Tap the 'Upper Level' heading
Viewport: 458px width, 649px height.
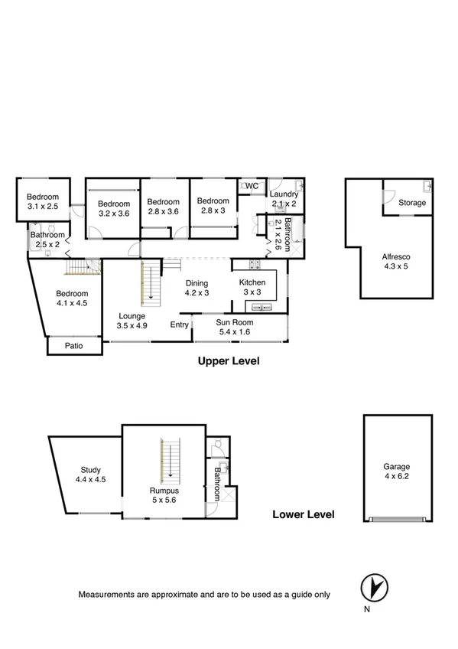click(x=229, y=360)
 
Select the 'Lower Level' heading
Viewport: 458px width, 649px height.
click(x=303, y=514)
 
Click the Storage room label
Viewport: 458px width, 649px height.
click(x=412, y=203)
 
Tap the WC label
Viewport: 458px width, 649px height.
click(x=251, y=186)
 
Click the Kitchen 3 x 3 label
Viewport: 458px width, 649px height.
click(x=253, y=287)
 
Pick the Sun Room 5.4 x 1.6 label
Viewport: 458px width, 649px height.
click(x=234, y=328)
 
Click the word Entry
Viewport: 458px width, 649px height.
click(x=179, y=324)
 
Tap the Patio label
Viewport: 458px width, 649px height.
click(x=73, y=346)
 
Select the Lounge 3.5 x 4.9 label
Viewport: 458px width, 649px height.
click(x=131, y=320)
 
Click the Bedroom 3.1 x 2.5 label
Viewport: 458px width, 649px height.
click(x=43, y=201)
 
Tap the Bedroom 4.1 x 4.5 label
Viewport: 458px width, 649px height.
click(x=73, y=298)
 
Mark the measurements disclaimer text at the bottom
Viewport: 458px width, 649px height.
click(x=204, y=594)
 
